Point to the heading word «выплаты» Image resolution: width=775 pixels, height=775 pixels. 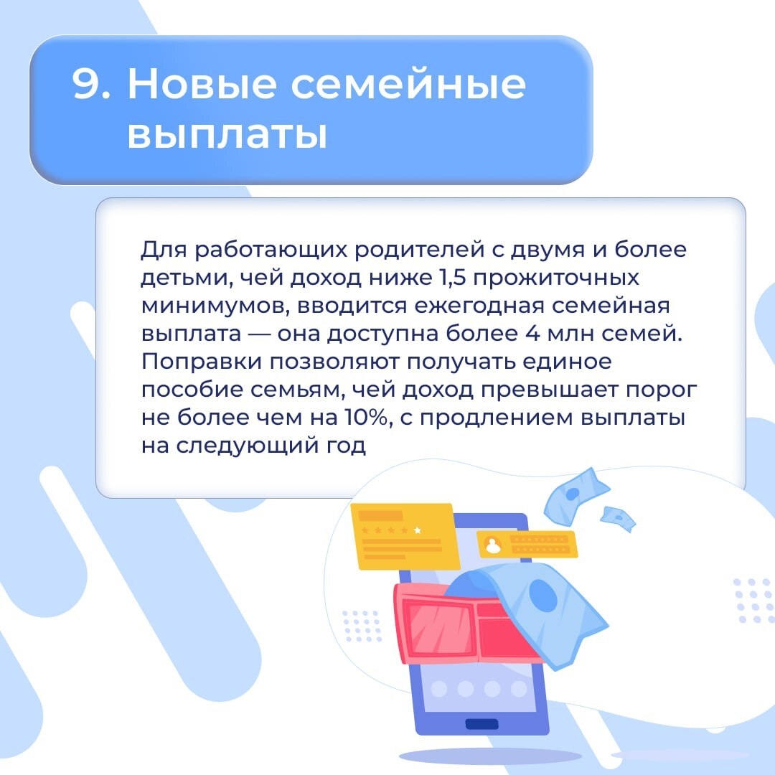[x=227, y=134]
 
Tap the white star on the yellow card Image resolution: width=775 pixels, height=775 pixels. [x=418, y=530]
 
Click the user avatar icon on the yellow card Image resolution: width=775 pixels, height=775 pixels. [x=493, y=545]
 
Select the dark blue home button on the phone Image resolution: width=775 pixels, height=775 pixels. [x=482, y=723]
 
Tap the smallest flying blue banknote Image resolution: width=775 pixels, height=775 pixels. [x=618, y=518]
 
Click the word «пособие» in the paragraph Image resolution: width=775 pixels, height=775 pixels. [x=187, y=389]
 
